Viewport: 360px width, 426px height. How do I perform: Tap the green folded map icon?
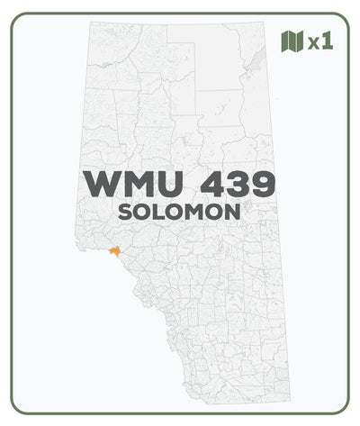tap(291, 41)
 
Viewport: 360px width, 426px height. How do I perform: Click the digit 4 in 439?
tap(216, 185)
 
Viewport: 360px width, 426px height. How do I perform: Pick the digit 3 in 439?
tap(241, 185)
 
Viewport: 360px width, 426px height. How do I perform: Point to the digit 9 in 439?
tap(265, 185)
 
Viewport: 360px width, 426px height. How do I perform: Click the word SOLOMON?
tap(180, 213)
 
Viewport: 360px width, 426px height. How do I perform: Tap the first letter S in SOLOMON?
tap(126, 213)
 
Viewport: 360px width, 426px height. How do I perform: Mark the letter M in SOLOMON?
tap(197, 213)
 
